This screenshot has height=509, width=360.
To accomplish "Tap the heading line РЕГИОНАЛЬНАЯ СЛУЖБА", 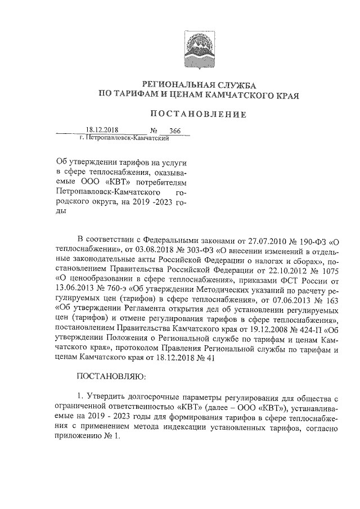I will pyautogui.click(x=198, y=83).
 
